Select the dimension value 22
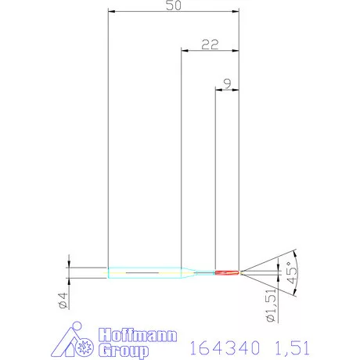tap(209, 45)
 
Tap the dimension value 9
tap(227, 82)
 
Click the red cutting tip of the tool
tap(227, 272)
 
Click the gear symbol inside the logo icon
tap(83, 345)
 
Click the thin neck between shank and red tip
tap(205, 272)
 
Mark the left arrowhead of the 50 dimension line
tap(110, 13)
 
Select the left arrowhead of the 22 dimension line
tap(185, 51)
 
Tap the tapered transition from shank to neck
tap(188, 272)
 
